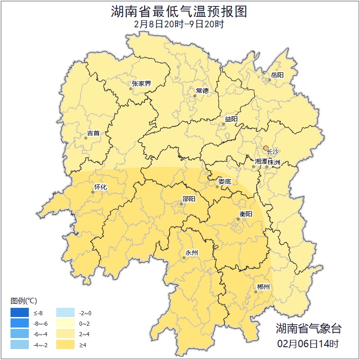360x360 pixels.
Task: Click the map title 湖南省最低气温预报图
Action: pos(179,11)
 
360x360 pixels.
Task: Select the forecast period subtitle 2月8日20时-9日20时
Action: pos(179,24)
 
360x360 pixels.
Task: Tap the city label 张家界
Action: pos(141,84)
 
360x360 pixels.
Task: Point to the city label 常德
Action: pos(202,91)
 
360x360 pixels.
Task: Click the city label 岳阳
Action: pos(277,75)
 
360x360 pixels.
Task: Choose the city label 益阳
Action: pos(231,119)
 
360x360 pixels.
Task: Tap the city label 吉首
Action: pos(93,134)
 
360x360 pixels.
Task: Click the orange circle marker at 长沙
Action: pos(266,148)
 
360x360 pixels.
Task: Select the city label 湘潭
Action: pos(261,162)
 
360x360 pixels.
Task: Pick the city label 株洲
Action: pos(274,162)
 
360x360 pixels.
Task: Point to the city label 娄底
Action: pos(225,182)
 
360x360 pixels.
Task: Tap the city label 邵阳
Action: pos(188,199)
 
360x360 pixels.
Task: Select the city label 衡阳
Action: pos(246,214)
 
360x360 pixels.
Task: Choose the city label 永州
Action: pos(191,253)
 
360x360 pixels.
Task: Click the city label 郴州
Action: pos(263,287)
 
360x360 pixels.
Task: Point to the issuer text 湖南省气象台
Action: pos(308,328)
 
